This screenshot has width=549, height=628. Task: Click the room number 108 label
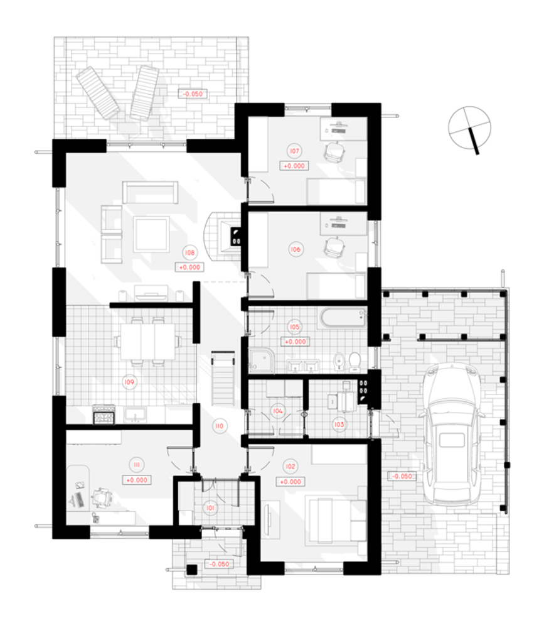pos(189,252)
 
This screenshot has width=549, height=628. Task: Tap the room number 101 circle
pos(210,508)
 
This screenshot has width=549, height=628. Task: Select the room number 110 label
pos(220,426)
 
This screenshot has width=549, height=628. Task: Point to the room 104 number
pos(278,411)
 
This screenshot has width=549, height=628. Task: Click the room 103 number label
pos(339,425)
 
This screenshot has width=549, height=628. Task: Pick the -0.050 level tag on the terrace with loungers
pos(193,94)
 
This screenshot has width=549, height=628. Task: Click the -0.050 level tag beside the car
pos(402,476)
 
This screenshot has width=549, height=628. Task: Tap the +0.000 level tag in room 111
pos(137,480)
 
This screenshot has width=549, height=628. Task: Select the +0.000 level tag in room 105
pos(296,342)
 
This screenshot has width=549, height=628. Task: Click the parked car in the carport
pos(452,434)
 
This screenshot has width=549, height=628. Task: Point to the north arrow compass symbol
pos(470,129)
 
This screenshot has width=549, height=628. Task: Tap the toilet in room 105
pos(354,361)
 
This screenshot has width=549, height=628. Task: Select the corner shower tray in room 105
pos(261,360)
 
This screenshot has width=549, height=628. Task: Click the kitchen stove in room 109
pos(104,414)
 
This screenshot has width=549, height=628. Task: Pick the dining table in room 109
pos(147,342)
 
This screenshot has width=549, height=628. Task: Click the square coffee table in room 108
pos(151,234)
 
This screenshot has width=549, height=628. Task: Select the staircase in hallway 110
pos(223,379)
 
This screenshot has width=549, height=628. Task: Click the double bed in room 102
pos(336,520)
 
